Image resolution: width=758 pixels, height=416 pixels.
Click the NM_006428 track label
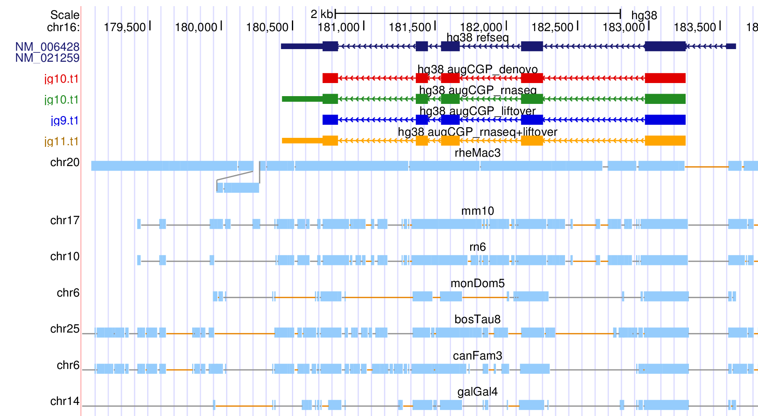click(47, 47)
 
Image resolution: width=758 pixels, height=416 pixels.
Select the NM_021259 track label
click(47, 58)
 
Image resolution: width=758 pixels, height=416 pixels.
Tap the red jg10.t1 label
click(61, 79)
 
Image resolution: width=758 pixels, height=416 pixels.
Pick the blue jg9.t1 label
click(65, 120)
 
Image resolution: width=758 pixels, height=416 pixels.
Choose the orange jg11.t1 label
click(61, 141)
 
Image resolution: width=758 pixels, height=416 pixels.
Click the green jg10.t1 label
click(61, 99)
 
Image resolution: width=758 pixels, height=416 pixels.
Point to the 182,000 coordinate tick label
click(481, 27)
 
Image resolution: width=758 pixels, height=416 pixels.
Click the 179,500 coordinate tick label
click(125, 27)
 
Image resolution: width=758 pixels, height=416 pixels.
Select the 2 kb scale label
click(321, 14)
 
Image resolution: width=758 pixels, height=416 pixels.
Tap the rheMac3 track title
click(478, 153)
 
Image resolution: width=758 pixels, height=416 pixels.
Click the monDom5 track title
click(478, 283)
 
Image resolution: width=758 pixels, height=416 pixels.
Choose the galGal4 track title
click(478, 392)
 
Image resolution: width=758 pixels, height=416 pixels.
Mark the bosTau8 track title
click(478, 319)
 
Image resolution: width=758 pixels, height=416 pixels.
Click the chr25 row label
click(65, 329)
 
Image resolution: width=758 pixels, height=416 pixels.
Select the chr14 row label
click(65, 401)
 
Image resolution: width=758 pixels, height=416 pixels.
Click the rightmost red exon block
click(665, 78)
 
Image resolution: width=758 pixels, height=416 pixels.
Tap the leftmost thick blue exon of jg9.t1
click(330, 119)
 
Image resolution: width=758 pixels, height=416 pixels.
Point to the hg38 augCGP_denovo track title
click(478, 69)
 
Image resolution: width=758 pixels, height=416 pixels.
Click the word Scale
click(65, 15)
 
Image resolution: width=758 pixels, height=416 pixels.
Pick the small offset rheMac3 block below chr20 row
click(238, 188)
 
